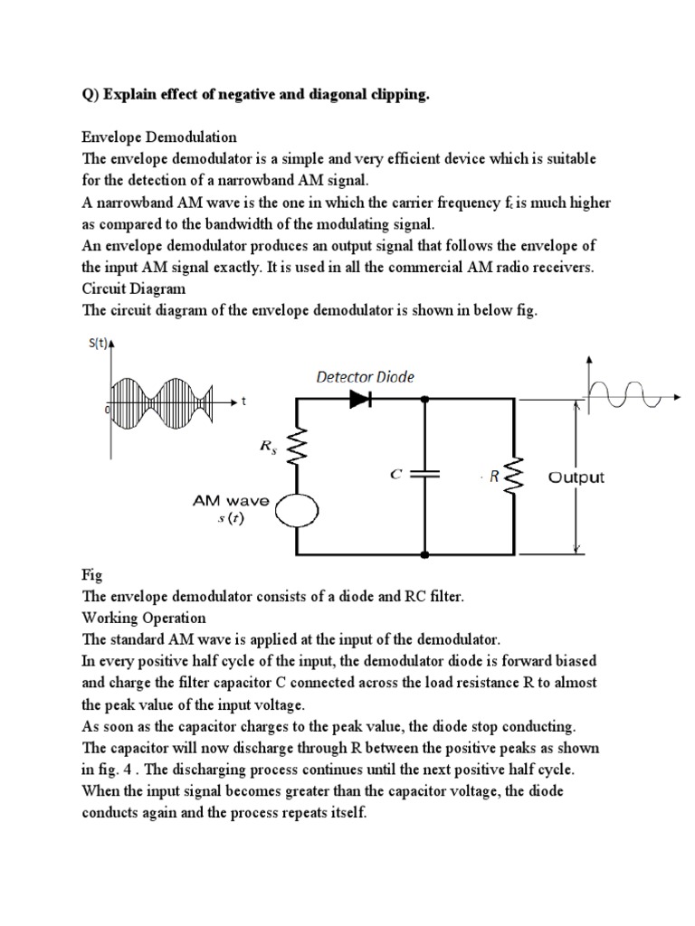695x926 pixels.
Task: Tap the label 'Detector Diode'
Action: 365,377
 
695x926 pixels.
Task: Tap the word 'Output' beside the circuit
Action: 576,477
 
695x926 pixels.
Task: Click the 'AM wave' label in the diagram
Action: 229,499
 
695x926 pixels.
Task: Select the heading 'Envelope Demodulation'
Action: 159,137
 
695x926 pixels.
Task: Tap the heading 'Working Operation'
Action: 144,618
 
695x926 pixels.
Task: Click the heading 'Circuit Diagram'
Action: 134,288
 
